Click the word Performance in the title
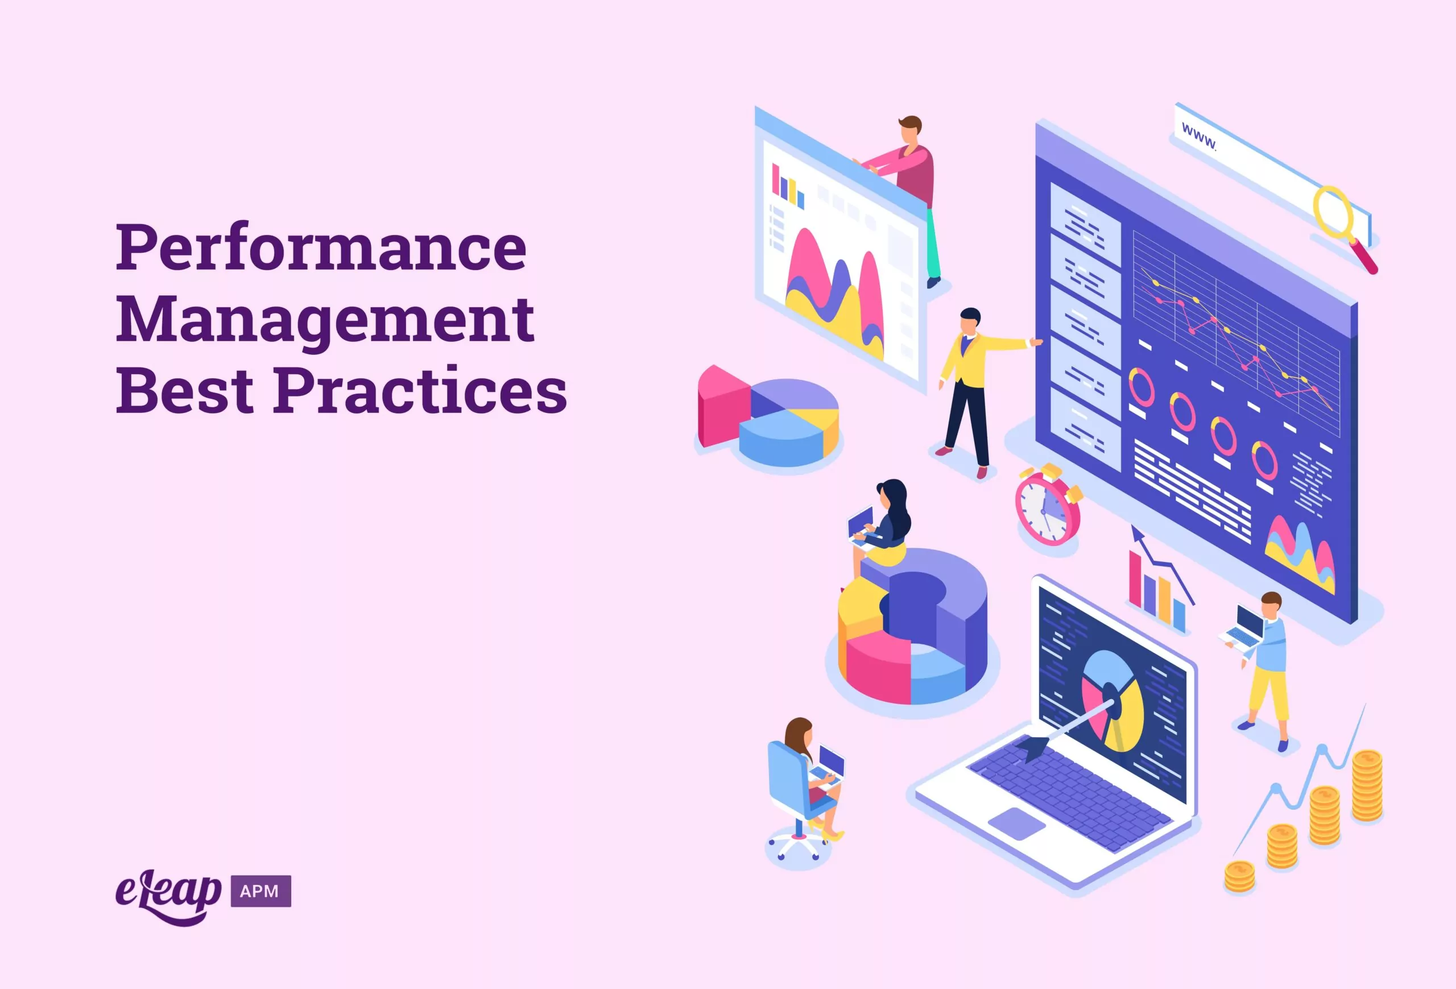pos(321,247)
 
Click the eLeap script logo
pos(168,895)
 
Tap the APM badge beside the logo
pos(260,891)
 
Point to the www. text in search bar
pos(1198,137)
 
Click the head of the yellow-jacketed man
pos(969,320)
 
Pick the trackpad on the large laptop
pos(1016,823)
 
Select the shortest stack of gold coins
pos(1240,876)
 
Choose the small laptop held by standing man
pos(1245,629)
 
